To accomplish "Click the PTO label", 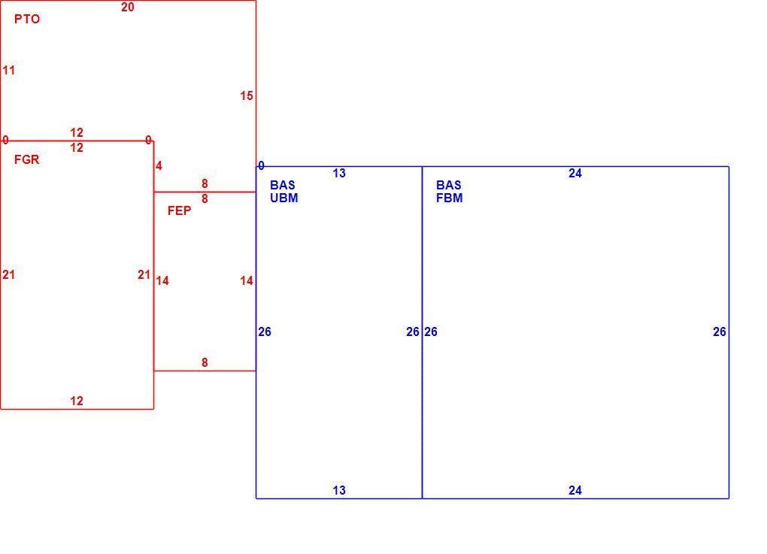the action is (27, 19).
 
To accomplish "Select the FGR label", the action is (27, 159).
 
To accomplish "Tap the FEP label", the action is (179, 210).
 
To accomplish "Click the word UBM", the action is (283, 198).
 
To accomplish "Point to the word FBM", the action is (449, 198).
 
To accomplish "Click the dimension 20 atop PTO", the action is (128, 7).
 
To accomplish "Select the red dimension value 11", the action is (9, 71).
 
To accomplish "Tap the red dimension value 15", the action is (247, 95).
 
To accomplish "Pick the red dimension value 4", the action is (159, 166).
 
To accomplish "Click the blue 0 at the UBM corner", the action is (261, 166).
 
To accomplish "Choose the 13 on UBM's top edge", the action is (339, 173).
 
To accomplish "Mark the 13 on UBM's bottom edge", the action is (339, 490).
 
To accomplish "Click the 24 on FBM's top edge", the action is (575, 173).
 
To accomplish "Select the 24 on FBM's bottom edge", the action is (575, 490).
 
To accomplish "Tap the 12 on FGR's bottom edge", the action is (77, 401).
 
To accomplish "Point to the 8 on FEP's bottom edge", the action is (205, 362).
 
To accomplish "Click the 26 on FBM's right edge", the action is (720, 332).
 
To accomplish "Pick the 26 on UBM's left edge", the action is (265, 332).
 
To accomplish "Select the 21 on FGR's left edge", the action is (9, 275).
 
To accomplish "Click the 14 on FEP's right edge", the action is (247, 280).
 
